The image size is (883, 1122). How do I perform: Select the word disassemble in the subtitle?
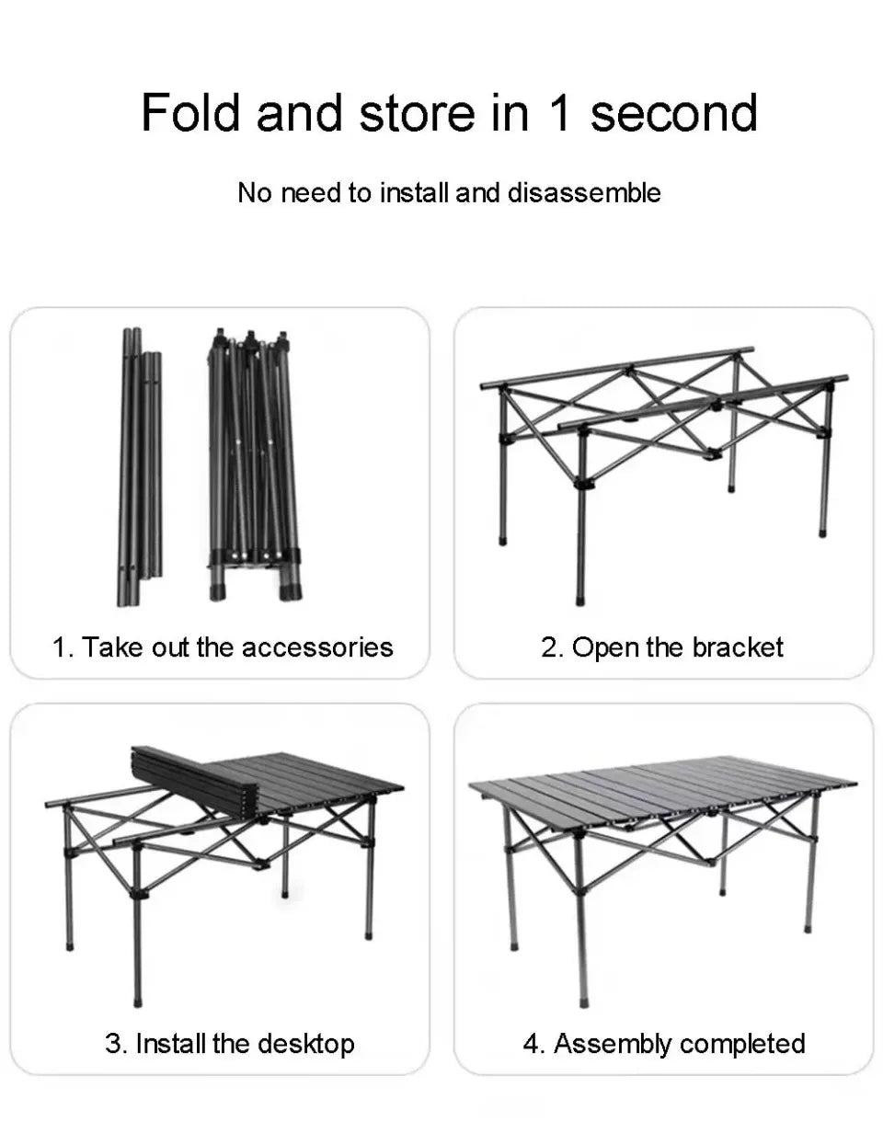pyautogui.click(x=584, y=193)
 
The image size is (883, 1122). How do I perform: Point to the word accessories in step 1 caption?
pyautogui.click(x=317, y=647)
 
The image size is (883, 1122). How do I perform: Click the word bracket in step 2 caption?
pyautogui.click(x=737, y=647)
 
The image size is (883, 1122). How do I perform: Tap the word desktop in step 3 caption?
pyautogui.click(x=305, y=1044)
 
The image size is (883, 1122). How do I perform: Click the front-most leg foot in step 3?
pyautogui.click(x=138, y=997)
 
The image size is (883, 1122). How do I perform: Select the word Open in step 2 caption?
pyautogui.click(x=602, y=647)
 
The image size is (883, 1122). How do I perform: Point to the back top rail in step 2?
pyautogui.click(x=616, y=366)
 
